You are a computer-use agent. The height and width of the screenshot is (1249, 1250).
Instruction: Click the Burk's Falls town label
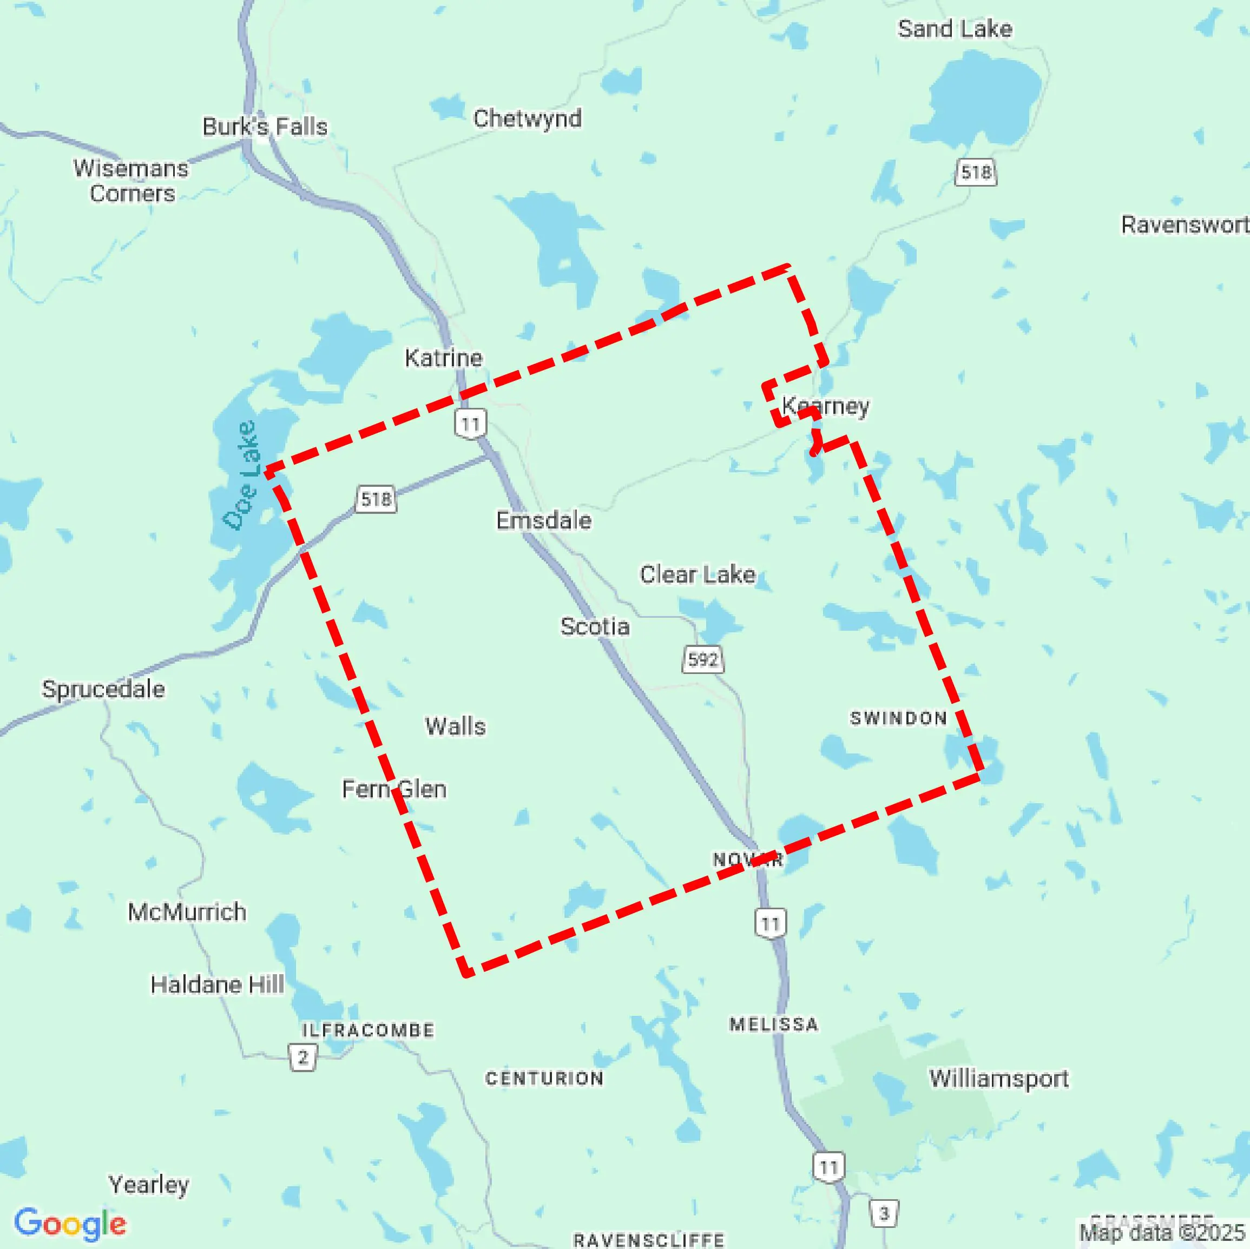pos(265,127)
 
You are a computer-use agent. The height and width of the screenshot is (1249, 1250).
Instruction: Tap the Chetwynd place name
pos(527,118)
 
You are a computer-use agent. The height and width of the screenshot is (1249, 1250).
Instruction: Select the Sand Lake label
pos(955,29)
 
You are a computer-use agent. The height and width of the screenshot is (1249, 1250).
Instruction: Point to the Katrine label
pos(443,358)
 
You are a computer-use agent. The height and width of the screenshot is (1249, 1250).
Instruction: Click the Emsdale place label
pos(543,520)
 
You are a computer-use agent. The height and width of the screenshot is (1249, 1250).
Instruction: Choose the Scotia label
pos(595,626)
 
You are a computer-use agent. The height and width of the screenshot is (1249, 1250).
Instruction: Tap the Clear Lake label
pos(698,574)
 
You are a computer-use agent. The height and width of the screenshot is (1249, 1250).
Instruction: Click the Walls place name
pos(455,726)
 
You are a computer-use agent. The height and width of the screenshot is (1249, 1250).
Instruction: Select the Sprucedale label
pos(103,689)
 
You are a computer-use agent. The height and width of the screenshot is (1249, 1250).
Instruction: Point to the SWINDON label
pos(898,718)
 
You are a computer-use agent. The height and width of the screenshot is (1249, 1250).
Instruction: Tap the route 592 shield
pos(702,660)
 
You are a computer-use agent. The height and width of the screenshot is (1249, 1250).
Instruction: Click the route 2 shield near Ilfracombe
pos(302,1058)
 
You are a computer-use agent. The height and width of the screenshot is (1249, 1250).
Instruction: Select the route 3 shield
pos(884,1213)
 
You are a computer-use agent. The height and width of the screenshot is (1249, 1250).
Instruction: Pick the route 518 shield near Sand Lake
pos(976,172)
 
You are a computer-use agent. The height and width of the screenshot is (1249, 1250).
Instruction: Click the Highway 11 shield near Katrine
pos(470,424)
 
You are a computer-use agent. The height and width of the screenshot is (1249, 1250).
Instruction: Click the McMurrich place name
pos(187,911)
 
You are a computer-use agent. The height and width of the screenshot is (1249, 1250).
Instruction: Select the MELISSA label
pos(774,1024)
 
